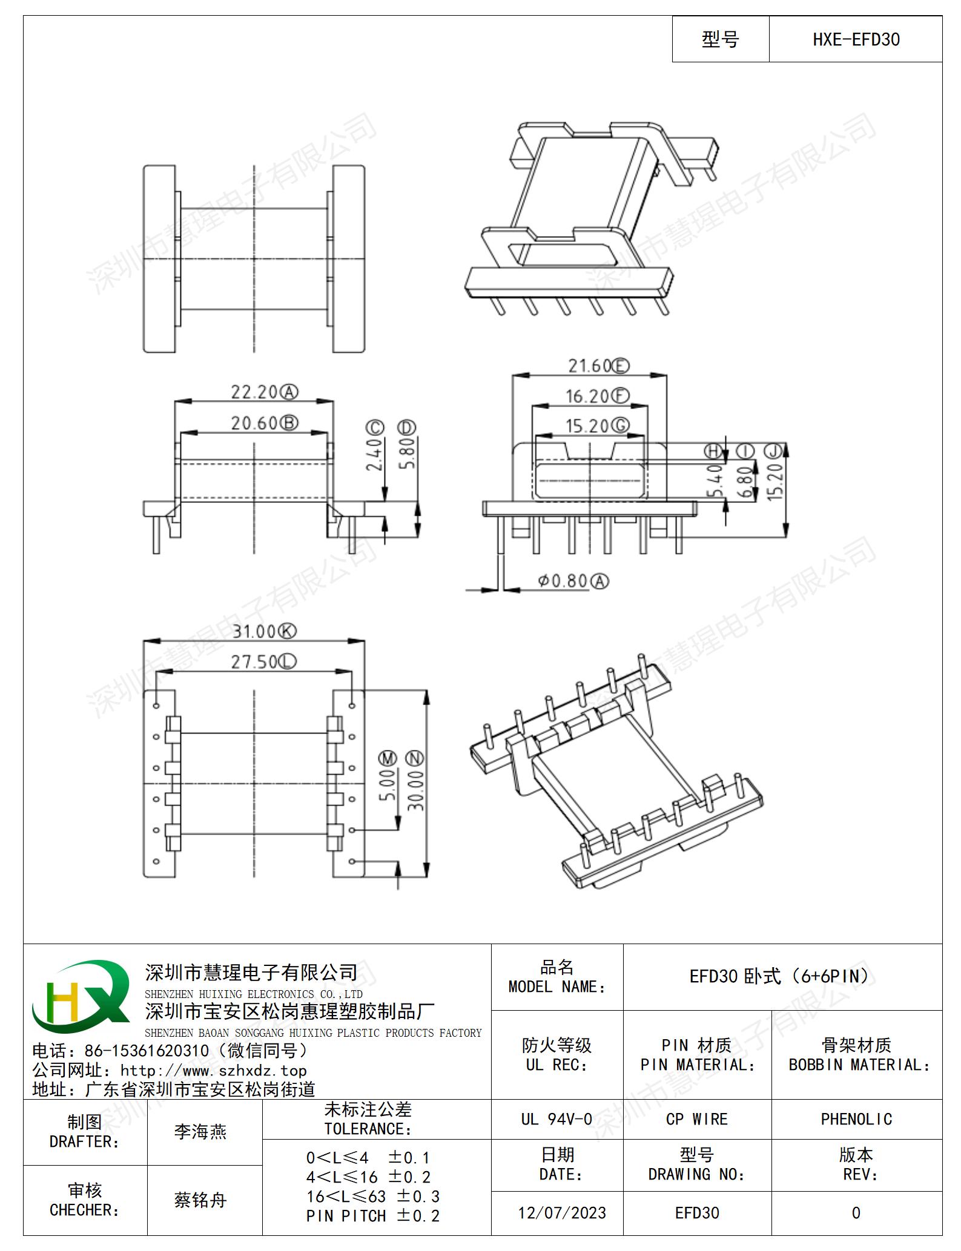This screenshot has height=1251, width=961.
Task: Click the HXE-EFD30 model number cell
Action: click(855, 39)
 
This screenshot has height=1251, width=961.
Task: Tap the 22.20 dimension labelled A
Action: click(265, 392)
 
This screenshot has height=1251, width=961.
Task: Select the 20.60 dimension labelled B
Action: click(265, 423)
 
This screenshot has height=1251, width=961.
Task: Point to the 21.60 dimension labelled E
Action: click(598, 366)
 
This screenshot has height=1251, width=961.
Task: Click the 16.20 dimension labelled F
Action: click(597, 396)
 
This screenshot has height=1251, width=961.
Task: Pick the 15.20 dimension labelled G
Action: click(597, 426)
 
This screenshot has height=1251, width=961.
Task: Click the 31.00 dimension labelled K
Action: click(265, 631)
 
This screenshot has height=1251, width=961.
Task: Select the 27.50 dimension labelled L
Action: click(263, 662)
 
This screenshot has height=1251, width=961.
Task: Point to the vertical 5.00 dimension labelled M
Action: click(388, 776)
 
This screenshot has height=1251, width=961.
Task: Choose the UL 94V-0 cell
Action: click(556, 1119)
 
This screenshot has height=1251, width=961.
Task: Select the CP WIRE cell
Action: click(696, 1119)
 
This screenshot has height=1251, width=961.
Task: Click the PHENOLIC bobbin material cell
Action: click(856, 1119)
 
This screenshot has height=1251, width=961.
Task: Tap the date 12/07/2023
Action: click(562, 1213)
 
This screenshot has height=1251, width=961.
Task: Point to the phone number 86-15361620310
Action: click(147, 1051)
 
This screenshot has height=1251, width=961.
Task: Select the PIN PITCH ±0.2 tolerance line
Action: click(373, 1216)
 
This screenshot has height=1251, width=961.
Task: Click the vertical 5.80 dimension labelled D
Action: click(407, 445)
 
